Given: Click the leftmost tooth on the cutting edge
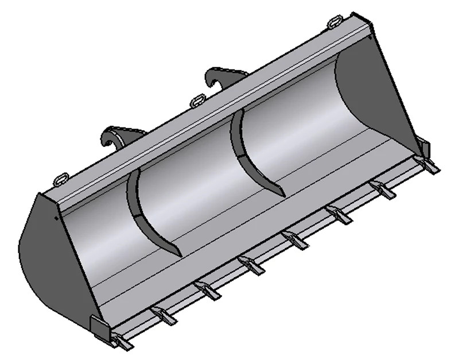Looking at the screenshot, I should (122, 342).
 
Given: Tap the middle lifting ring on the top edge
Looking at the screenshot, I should (197, 100).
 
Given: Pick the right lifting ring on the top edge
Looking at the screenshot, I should (335, 22).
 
